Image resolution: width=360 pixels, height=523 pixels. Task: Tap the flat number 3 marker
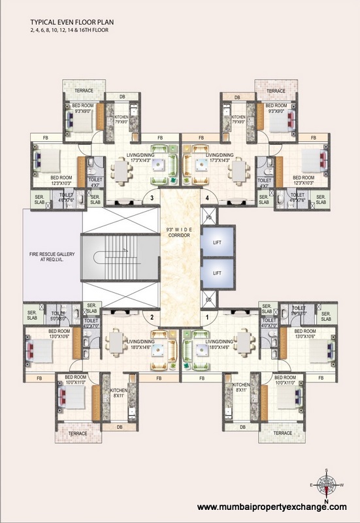point(152,197)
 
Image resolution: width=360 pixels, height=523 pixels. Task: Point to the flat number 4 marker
point(207,197)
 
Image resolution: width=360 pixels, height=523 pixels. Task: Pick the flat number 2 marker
point(152,318)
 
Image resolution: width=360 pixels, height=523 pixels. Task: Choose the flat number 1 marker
point(207,318)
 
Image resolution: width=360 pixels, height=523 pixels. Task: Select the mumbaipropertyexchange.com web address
point(272,507)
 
